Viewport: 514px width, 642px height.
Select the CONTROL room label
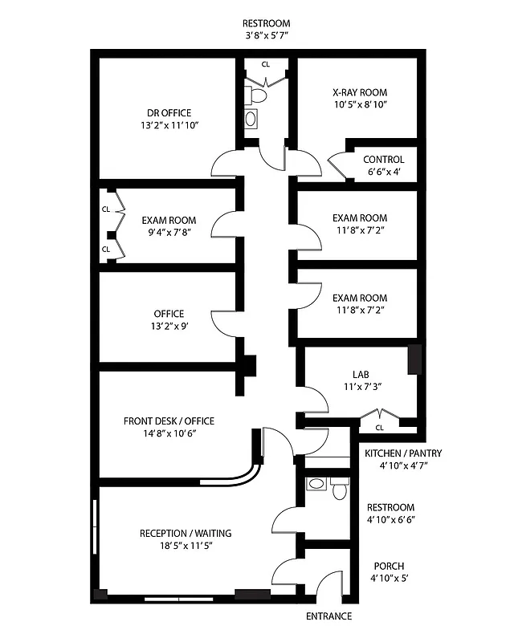pyautogui.click(x=383, y=160)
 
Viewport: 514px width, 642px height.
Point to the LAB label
pyautogui.click(x=361, y=374)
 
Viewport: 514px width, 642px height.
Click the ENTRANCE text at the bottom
pyautogui.click(x=328, y=616)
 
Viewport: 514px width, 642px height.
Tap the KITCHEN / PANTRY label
pyautogui.click(x=403, y=453)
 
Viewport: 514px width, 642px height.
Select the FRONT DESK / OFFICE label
pyautogui.click(x=169, y=421)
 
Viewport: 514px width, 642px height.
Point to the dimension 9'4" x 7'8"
pyautogui.click(x=169, y=233)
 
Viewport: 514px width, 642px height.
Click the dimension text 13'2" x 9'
pyautogui.click(x=169, y=326)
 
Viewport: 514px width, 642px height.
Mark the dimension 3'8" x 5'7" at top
pyautogui.click(x=267, y=36)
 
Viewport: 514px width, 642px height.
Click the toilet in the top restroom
pyautogui.click(x=258, y=95)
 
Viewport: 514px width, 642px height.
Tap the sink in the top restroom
pyautogui.click(x=251, y=119)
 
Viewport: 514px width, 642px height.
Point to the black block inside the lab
pyautogui.click(x=414, y=359)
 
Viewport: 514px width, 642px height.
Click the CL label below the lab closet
pyautogui.click(x=380, y=428)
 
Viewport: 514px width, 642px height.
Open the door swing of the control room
pyautogui.click(x=337, y=166)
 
